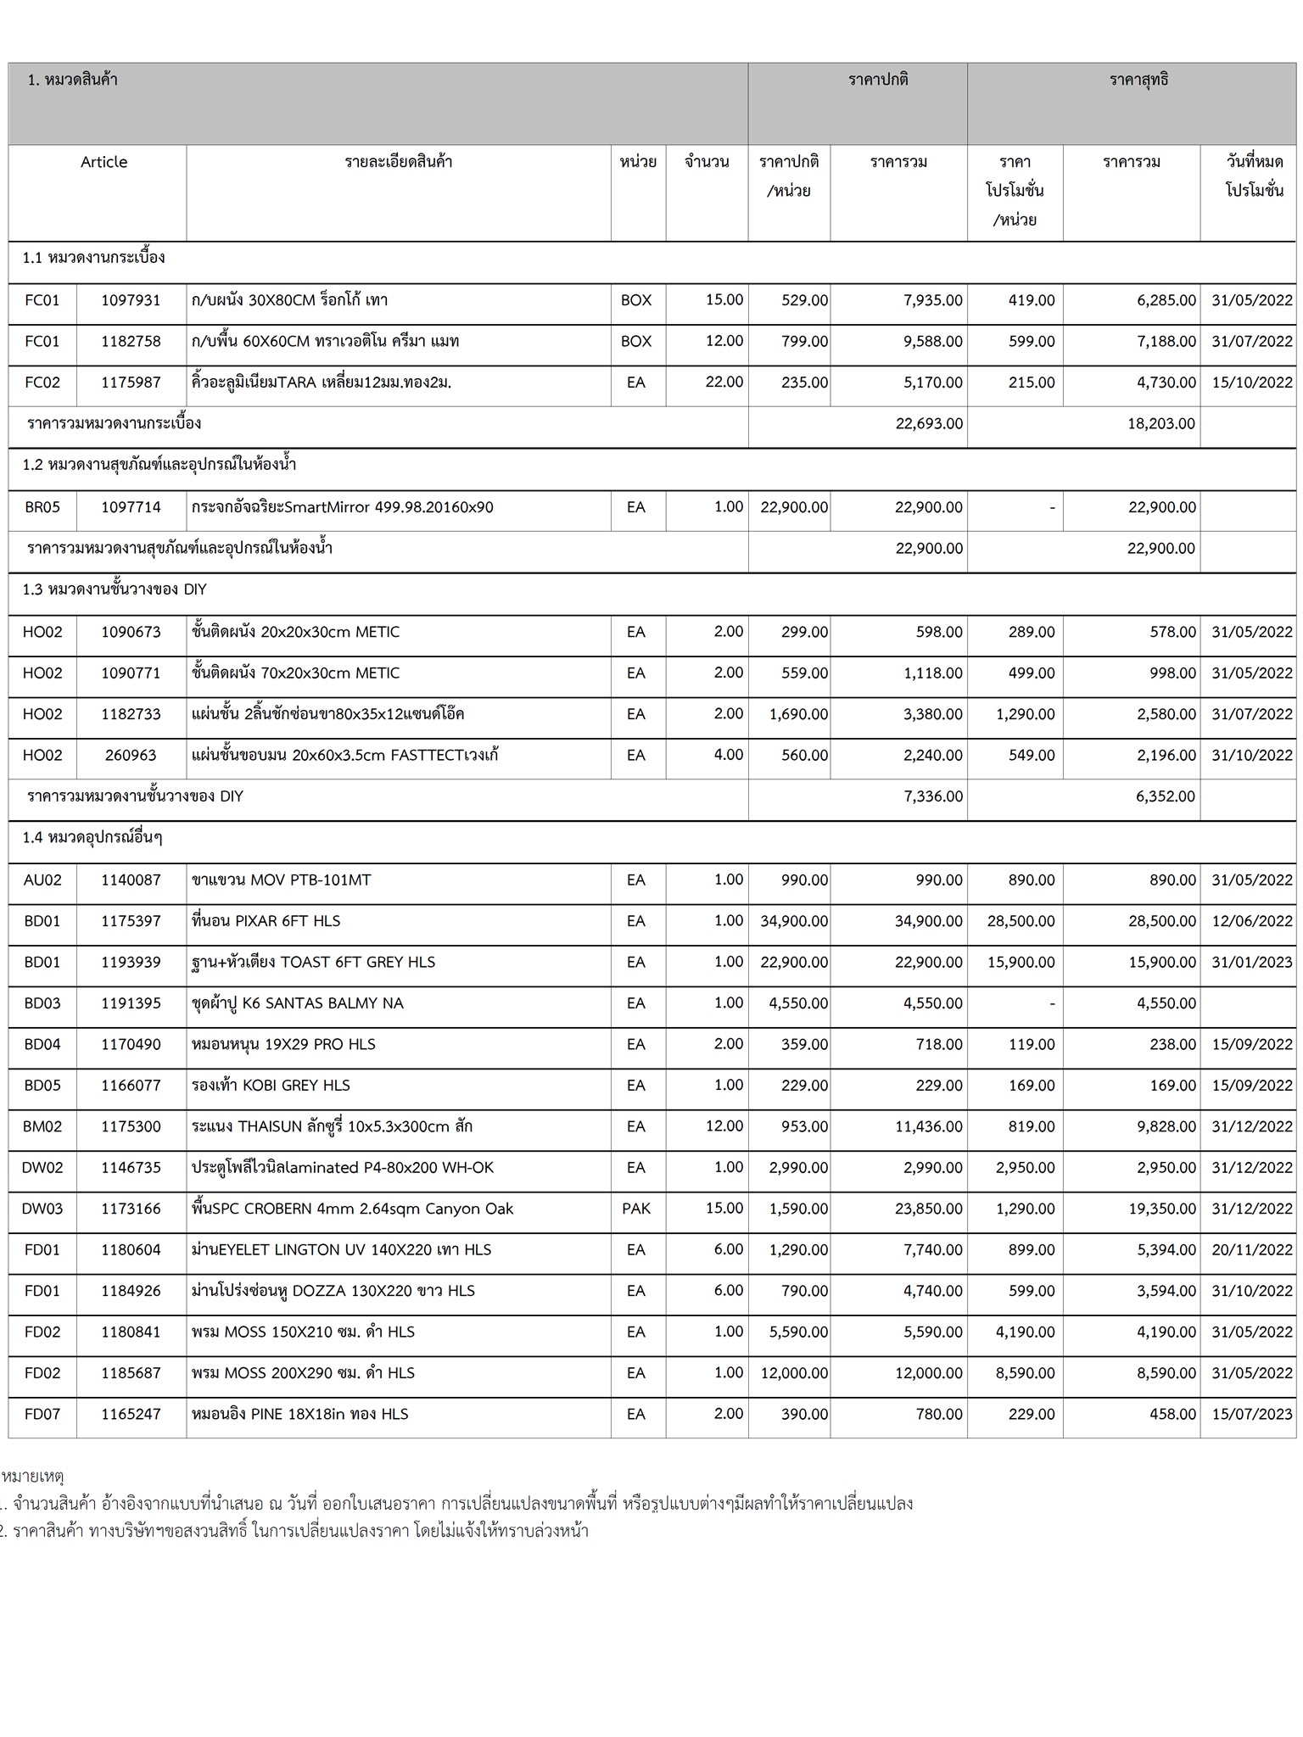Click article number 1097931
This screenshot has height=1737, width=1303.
tap(131, 300)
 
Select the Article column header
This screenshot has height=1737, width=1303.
tap(103, 162)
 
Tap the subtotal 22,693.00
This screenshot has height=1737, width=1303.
tap(929, 423)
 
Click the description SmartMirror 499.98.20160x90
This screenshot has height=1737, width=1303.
tap(342, 507)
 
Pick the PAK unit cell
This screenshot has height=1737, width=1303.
tap(636, 1209)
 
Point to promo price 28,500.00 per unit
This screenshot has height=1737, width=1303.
tap(1021, 921)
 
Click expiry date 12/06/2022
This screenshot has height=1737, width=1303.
tap(1251, 921)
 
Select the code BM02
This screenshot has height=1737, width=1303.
tap(42, 1126)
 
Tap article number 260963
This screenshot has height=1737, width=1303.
tap(131, 755)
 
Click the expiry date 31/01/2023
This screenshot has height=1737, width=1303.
tap(1251, 962)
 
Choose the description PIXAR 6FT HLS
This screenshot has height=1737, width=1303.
tap(266, 921)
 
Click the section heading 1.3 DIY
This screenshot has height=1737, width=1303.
tap(115, 589)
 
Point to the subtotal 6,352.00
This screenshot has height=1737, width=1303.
tap(1165, 796)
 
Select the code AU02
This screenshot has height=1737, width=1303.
tap(42, 880)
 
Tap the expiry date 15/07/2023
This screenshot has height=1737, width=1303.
tap(1251, 1414)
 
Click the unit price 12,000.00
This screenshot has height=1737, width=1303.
tap(793, 1373)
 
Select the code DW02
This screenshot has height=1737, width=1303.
tap(42, 1168)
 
